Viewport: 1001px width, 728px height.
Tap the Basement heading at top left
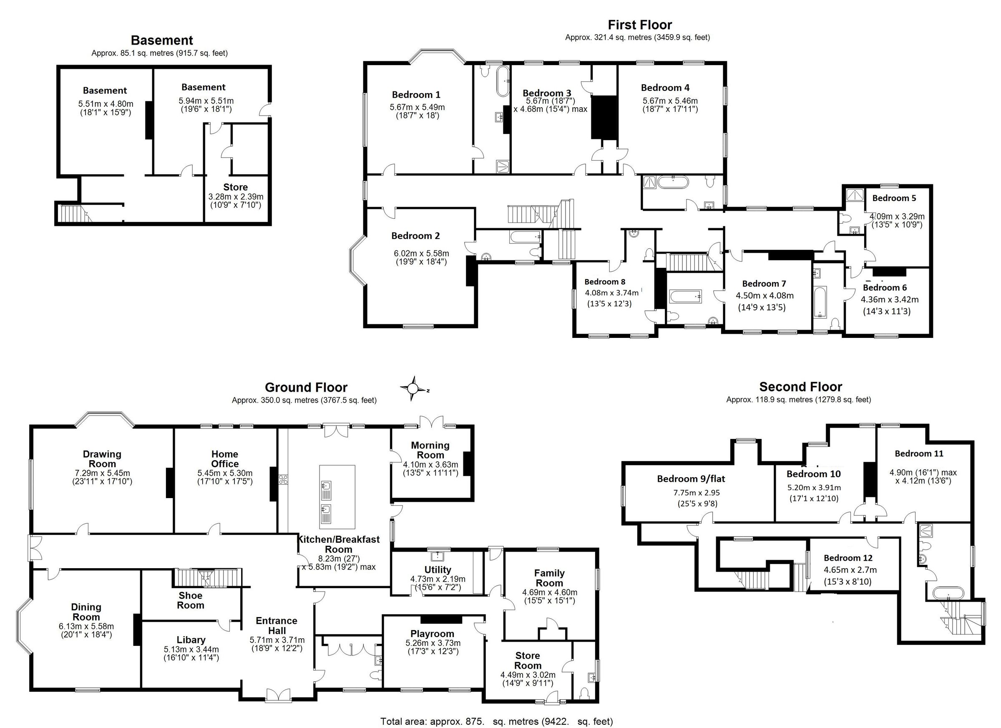coord(162,40)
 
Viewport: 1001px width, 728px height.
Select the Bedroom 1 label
coord(416,94)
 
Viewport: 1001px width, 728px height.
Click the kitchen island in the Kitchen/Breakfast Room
coord(337,496)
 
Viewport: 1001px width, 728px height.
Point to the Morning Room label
coord(430,450)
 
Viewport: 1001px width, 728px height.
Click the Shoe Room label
coord(190,600)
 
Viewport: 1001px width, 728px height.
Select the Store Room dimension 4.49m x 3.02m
coord(528,675)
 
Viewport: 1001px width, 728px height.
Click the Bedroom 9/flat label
coord(691,479)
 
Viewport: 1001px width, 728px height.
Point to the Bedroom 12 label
coord(848,558)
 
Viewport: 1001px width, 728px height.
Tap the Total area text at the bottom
coord(496,721)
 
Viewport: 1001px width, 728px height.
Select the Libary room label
coord(191,640)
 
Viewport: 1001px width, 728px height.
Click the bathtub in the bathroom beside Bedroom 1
coord(503,81)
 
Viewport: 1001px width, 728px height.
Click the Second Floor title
coord(800,387)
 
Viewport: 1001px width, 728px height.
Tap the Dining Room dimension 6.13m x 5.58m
coord(86,627)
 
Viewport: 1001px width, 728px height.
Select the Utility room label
coord(438,569)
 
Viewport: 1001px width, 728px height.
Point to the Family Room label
coord(549,578)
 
